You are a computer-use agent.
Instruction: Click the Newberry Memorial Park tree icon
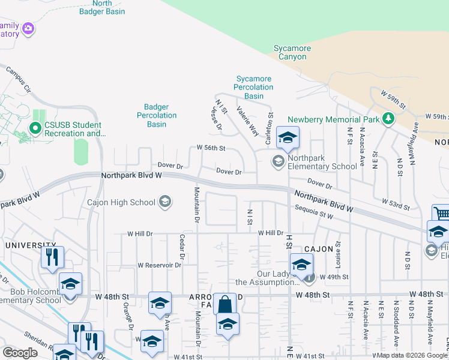(388, 119)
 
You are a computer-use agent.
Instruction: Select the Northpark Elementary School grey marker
(278, 160)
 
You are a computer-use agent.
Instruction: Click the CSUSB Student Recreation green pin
(35, 128)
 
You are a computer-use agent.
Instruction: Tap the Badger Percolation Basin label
(157, 115)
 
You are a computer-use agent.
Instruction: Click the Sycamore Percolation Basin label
(254, 87)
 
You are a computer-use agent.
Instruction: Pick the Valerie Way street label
(247, 121)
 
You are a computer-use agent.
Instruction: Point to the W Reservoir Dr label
(159, 265)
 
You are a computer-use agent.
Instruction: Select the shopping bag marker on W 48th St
(224, 304)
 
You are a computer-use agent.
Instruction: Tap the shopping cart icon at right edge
(441, 214)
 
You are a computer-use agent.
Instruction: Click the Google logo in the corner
(19, 353)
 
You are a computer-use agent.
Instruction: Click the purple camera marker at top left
(28, 28)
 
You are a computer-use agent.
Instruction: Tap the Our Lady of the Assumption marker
(309, 277)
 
